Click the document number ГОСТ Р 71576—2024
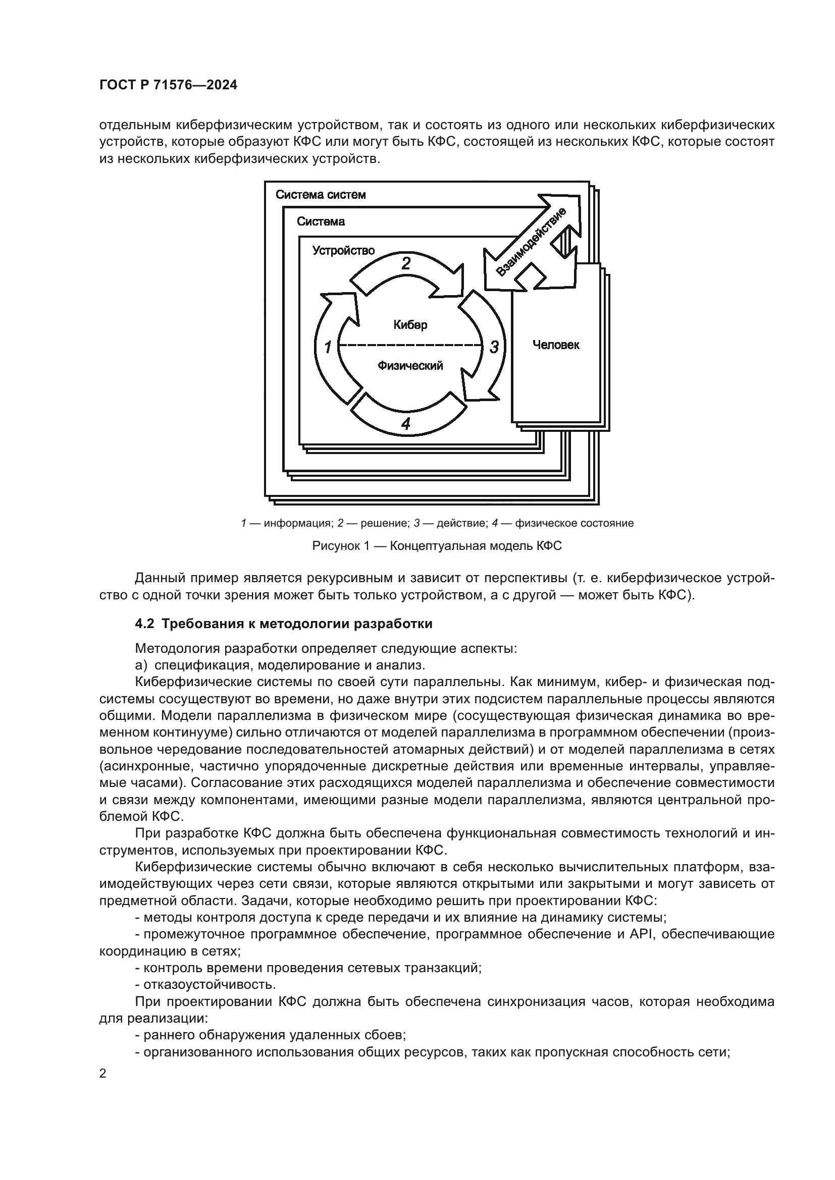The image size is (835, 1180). pyautogui.click(x=168, y=85)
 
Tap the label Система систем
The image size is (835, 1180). pyautogui.click(x=321, y=195)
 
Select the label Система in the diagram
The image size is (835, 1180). pyautogui.click(x=321, y=221)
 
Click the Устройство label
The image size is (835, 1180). pyautogui.click(x=343, y=250)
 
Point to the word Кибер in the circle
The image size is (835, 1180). pyautogui.click(x=410, y=325)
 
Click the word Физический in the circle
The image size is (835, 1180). pyautogui.click(x=410, y=365)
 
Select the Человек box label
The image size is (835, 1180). pyautogui.click(x=556, y=345)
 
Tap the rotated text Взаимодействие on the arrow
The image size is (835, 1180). pyautogui.click(x=531, y=242)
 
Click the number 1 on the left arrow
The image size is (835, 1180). pyautogui.click(x=328, y=347)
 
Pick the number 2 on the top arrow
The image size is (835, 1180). pyautogui.click(x=406, y=263)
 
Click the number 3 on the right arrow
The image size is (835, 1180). pyautogui.click(x=494, y=347)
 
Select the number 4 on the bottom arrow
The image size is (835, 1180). pyautogui.click(x=406, y=423)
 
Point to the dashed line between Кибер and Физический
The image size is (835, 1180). pyautogui.click(x=410, y=345)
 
